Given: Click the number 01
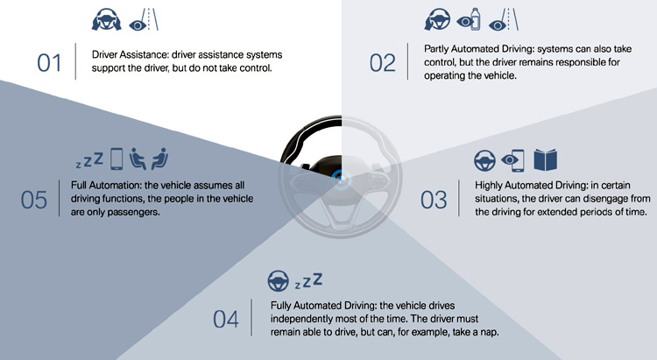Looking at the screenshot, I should click(49, 62).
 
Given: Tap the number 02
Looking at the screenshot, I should click(383, 62).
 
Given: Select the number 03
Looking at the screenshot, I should click(434, 201).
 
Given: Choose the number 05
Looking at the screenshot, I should click(34, 200).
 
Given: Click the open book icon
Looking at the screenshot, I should click(546, 161).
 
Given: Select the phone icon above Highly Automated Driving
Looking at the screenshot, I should click(518, 161).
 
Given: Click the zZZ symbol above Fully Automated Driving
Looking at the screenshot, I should click(307, 281).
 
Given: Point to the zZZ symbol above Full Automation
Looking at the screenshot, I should click(89, 159).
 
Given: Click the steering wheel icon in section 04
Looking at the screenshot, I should click(278, 281).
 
